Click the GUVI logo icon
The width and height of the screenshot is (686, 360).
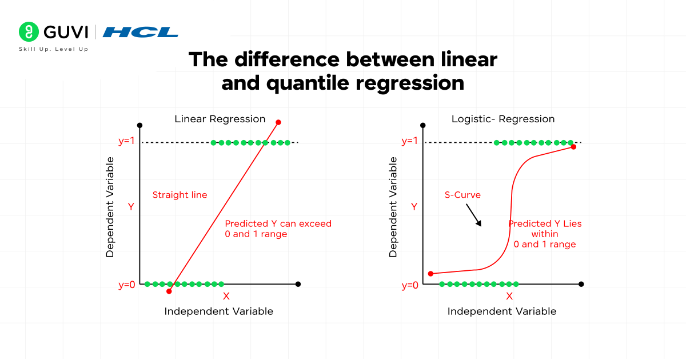[27, 31]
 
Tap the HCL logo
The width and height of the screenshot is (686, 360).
[140, 32]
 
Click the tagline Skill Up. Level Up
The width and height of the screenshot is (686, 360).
[54, 49]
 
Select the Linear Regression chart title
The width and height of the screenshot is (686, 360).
[220, 119]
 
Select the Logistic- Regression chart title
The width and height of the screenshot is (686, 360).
[503, 119]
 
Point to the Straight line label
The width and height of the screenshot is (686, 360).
[180, 195]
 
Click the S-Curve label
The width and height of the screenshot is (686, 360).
[462, 195]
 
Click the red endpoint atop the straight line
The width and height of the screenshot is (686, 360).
[278, 122]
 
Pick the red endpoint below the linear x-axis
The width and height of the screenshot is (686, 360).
[169, 291]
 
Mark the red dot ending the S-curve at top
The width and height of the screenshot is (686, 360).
[573, 147]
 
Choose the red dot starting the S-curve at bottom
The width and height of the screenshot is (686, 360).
[431, 274]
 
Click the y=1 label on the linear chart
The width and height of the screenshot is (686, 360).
[126, 142]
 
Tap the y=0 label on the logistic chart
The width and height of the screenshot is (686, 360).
[410, 285]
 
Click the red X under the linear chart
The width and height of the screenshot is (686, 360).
[226, 296]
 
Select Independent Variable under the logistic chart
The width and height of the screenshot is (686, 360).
[501, 311]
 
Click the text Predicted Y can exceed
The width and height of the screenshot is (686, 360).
[278, 223]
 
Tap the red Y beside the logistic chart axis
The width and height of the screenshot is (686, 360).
[414, 206]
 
